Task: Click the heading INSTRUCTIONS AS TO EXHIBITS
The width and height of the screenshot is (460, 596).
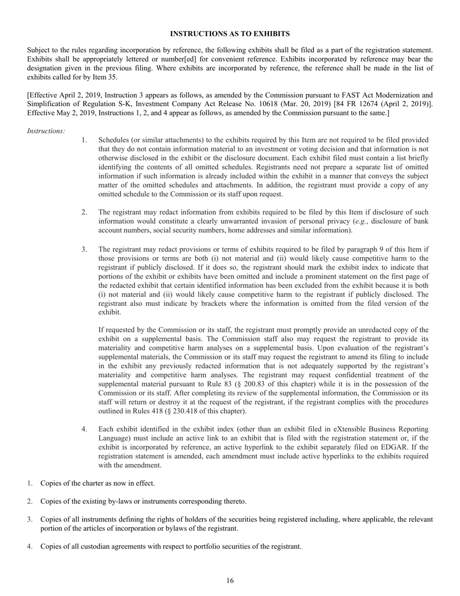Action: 230,33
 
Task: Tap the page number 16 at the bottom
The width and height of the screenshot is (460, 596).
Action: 230,581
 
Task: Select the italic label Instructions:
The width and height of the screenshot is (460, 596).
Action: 46,131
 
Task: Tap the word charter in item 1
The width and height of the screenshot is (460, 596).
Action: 85,483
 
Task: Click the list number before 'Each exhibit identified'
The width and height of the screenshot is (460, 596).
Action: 84,429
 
